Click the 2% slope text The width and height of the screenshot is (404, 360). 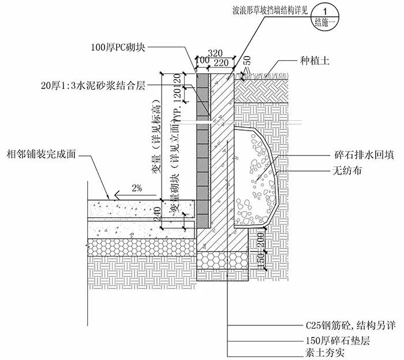coord(136,188)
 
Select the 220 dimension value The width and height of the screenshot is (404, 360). coord(220,60)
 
